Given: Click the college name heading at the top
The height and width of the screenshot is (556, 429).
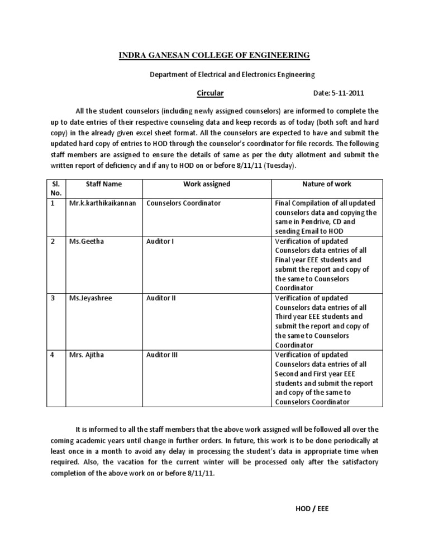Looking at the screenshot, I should [x=214, y=55].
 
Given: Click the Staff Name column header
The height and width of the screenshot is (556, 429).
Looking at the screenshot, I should [x=104, y=184].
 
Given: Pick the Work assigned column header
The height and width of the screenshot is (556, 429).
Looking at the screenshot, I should [x=206, y=184].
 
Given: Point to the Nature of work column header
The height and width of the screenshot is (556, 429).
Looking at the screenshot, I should [x=327, y=184].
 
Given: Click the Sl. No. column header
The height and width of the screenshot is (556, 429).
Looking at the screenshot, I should [x=55, y=189].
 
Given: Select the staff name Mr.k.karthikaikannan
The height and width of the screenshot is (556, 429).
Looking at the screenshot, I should [x=102, y=203].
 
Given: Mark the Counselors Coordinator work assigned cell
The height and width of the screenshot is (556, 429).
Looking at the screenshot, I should [x=183, y=203].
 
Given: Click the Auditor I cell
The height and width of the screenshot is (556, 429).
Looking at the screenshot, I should [x=160, y=241].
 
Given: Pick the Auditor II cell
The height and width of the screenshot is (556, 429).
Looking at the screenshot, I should [x=161, y=298].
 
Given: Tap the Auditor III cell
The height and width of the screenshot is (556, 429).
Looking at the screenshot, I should [x=162, y=355].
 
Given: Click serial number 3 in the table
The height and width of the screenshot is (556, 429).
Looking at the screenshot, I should [x=53, y=298].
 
